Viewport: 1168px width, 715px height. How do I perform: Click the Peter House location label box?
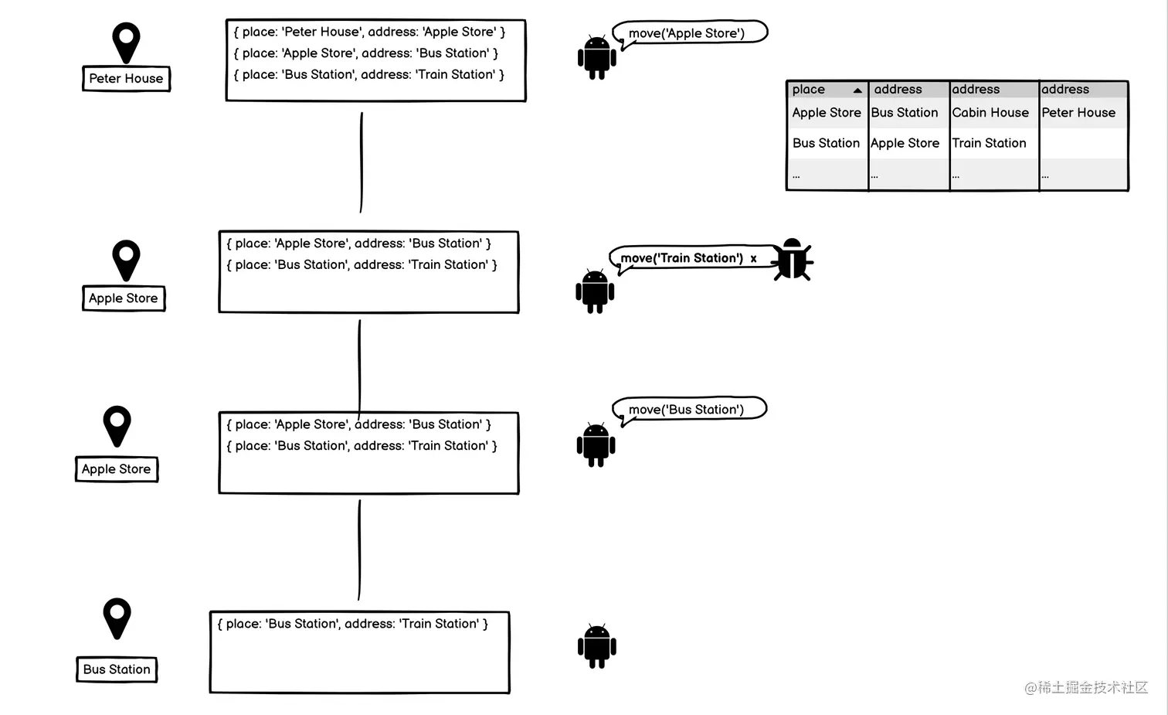pyautogui.click(x=126, y=79)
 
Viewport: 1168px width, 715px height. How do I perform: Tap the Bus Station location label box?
pyautogui.click(x=117, y=669)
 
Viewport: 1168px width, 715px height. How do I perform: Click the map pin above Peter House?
pyautogui.click(x=126, y=43)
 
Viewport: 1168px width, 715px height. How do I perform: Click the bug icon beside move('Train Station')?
pyautogui.click(x=792, y=260)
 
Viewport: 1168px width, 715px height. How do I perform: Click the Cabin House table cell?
pyautogui.click(x=990, y=113)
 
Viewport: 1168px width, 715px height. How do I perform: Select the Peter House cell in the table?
pyautogui.click(x=1078, y=113)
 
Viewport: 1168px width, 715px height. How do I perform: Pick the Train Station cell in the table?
pyautogui.click(x=989, y=143)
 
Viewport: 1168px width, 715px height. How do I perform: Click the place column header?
pyautogui.click(x=827, y=89)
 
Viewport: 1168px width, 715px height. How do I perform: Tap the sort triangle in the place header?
pyautogui.click(x=857, y=90)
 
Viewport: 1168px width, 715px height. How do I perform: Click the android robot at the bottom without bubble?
pyautogui.click(x=597, y=645)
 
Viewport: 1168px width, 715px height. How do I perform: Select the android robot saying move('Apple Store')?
pyautogui.click(x=597, y=57)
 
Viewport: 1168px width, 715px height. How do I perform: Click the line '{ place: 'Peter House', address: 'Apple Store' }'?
pyautogui.click(x=369, y=32)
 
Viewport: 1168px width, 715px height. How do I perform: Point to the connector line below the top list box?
pyautogui.click(x=362, y=162)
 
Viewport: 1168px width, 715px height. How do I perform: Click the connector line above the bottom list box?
pyautogui.click(x=359, y=550)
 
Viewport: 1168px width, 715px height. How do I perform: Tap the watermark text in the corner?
pyautogui.click(x=1086, y=687)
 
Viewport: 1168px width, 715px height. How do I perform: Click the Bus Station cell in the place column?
pyautogui.click(x=826, y=143)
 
